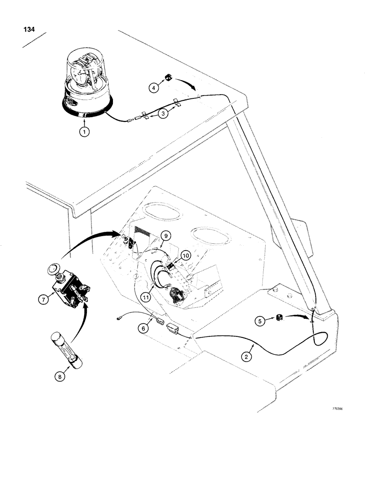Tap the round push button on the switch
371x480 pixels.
coord(54,268)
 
